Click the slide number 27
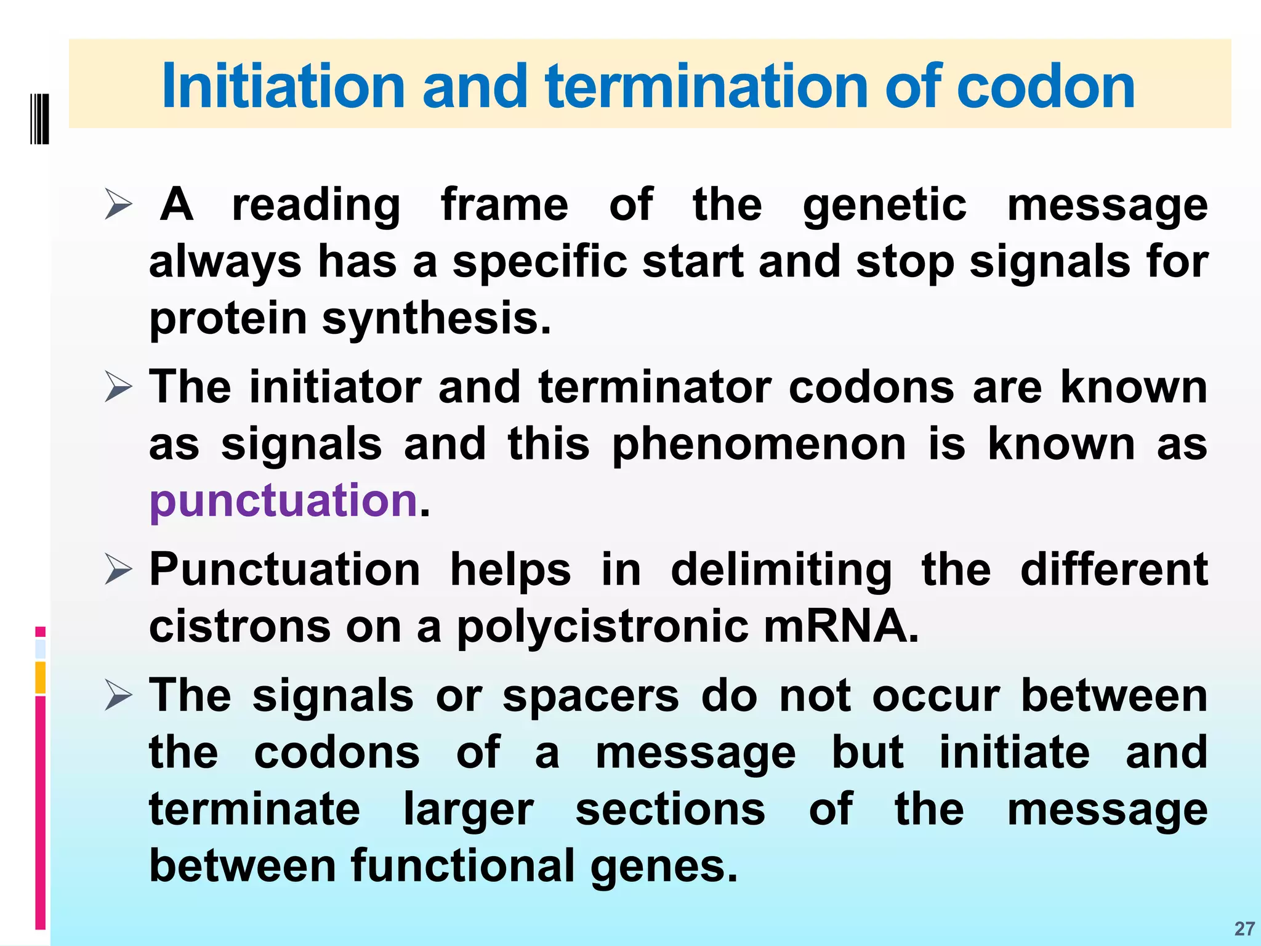click(1244, 929)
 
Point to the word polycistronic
click(602, 627)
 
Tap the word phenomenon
click(759, 444)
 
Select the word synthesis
click(436, 319)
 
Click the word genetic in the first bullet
click(885, 206)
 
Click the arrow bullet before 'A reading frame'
click(118, 204)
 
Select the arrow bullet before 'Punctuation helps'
click(118, 569)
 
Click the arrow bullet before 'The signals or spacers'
click(118, 695)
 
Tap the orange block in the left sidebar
click(40, 677)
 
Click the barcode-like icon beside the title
click(39, 119)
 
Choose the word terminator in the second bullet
click(655, 387)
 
